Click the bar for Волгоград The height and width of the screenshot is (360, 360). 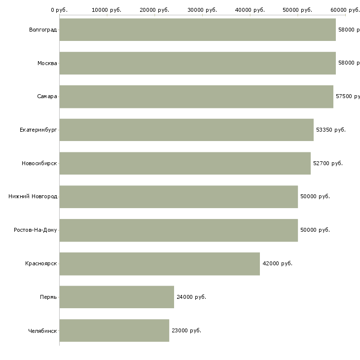point(197,30)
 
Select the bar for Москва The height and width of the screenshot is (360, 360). point(197,63)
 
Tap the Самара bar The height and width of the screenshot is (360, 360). point(196,97)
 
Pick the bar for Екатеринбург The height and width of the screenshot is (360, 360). point(186,130)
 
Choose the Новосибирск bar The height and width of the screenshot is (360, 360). point(185,163)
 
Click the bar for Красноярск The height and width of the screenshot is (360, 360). point(159,263)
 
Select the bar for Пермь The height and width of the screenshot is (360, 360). point(116,297)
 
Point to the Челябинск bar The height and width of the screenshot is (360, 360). point(114,330)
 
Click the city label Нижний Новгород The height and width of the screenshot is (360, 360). point(33,197)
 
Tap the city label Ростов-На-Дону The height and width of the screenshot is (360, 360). point(36,230)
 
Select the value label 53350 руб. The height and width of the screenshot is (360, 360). point(330,130)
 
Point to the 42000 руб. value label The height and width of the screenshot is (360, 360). point(277,263)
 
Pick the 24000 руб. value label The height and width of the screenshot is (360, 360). point(191,297)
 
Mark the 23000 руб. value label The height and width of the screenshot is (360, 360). point(186,330)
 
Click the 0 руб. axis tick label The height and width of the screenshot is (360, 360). point(59,10)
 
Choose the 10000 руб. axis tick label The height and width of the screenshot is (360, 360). point(107,10)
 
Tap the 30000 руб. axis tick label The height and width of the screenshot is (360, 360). point(202,10)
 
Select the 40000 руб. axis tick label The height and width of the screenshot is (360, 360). point(250,10)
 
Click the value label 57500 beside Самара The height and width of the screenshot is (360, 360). point(347,97)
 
